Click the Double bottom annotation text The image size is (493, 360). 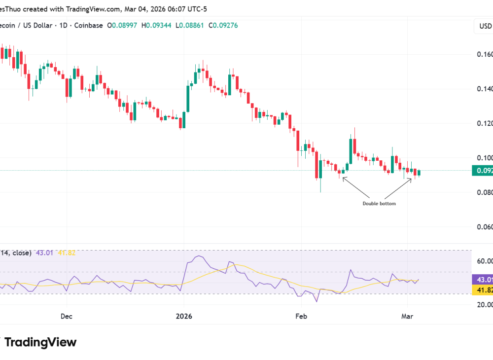[379, 203]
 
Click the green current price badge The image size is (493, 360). [482, 171]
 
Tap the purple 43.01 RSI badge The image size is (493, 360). [482, 280]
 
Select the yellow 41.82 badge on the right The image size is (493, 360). [482, 291]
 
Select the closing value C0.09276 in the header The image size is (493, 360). [223, 25]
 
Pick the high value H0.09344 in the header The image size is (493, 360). [156, 25]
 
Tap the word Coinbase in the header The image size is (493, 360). [89, 25]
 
